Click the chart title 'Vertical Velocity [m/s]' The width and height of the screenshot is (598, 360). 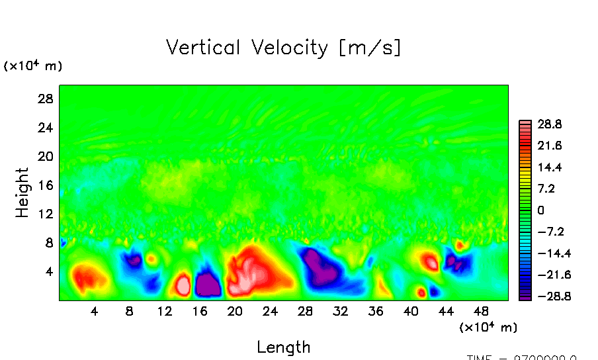coord(283,48)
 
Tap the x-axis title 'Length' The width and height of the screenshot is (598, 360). coord(283,347)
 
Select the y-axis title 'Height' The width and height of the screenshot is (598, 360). coord(22,193)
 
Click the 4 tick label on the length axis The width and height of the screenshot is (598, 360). coord(95,311)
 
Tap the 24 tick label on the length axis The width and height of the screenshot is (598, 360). coord(270,311)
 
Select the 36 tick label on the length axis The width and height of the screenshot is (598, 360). coord(375,311)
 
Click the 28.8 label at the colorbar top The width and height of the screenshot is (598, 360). coord(549,124)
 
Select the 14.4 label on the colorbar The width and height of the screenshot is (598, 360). coord(549,167)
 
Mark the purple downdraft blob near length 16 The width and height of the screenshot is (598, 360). coord(208,285)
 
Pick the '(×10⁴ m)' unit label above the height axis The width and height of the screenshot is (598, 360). coord(33,66)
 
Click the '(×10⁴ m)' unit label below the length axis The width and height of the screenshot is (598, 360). coord(488,327)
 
